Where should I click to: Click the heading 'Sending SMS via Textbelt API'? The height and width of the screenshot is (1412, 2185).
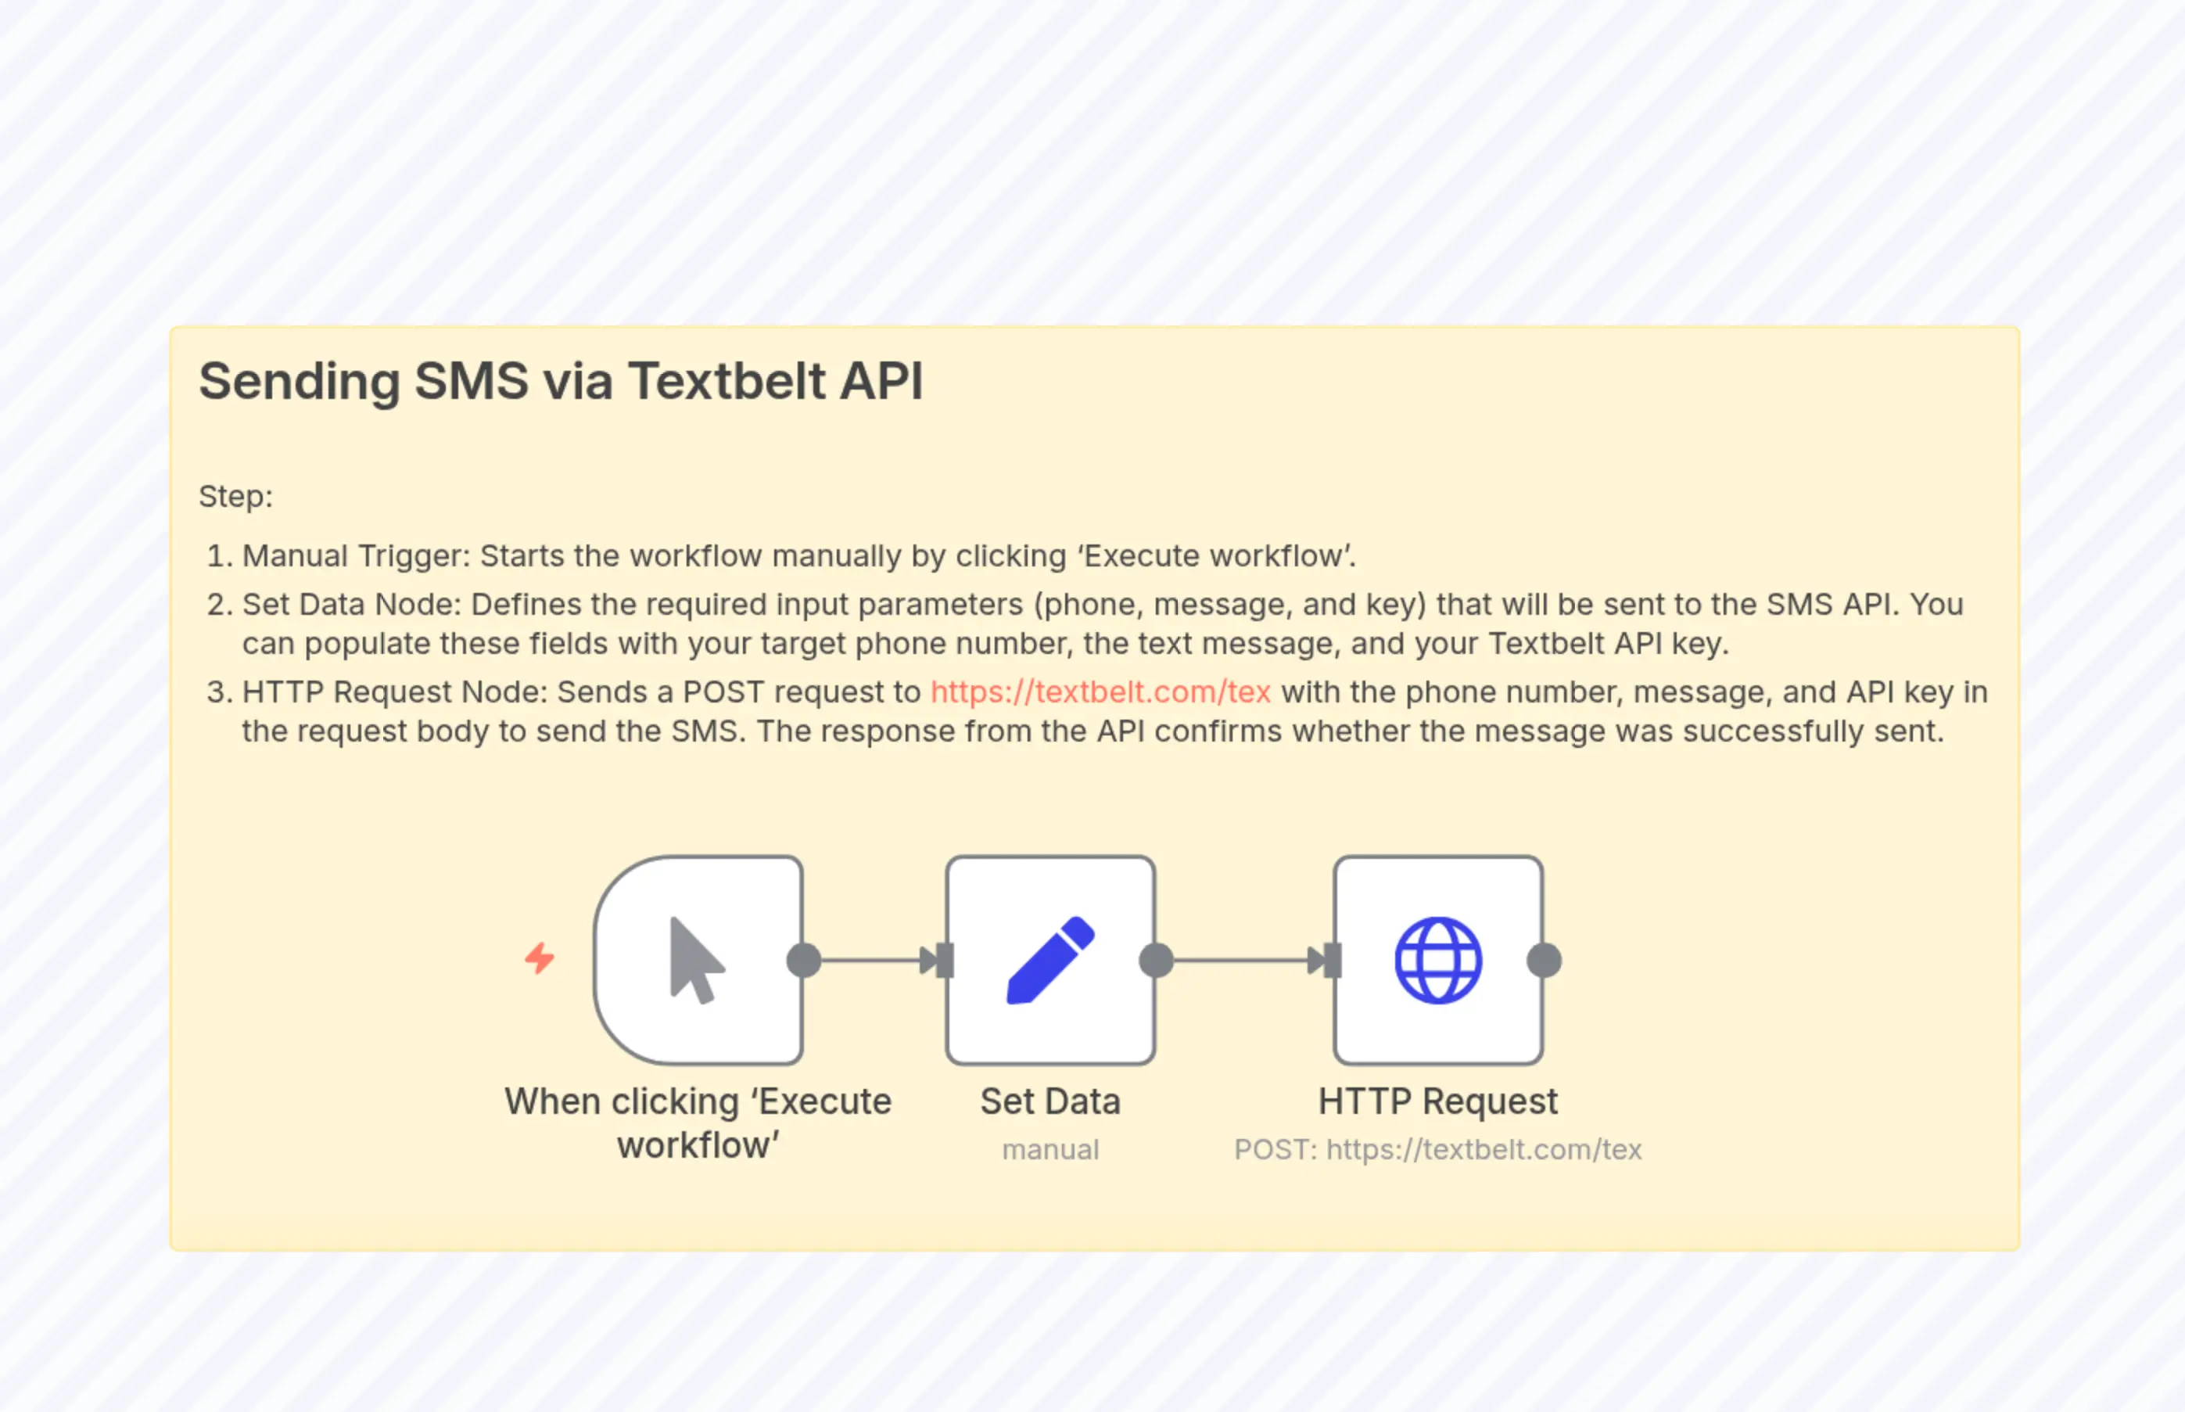tap(560, 382)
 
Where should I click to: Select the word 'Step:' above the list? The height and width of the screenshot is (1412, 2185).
tap(235, 496)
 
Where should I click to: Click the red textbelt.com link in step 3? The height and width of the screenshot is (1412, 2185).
tap(1100, 692)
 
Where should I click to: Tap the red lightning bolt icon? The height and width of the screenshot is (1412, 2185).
tap(540, 958)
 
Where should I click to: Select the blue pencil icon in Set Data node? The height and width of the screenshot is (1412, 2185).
tap(1050, 960)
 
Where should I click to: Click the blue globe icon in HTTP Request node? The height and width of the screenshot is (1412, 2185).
tap(1437, 960)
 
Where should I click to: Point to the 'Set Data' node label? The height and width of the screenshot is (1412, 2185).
tap(1049, 1101)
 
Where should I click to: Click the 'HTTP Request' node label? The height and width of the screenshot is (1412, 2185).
tap(1437, 1101)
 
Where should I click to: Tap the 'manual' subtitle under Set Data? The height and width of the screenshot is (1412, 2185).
tap(1049, 1150)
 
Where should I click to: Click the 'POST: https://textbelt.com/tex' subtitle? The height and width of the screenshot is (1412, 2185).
tap(1437, 1150)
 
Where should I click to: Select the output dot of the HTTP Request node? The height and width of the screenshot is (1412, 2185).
tap(1545, 960)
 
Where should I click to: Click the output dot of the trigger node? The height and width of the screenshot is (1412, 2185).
tap(804, 960)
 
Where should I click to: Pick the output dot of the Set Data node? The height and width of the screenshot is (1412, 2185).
tap(1156, 960)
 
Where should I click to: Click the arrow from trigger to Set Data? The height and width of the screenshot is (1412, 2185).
tap(875, 960)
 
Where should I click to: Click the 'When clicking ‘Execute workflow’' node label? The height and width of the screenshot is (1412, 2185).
tap(698, 1123)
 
